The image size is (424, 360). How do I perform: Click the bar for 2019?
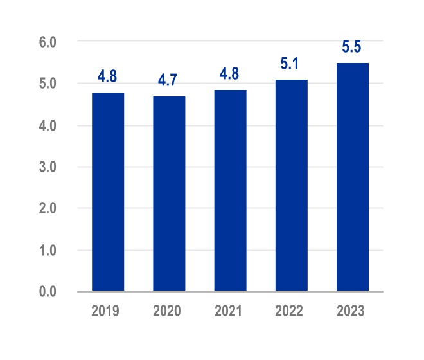pos(108,192)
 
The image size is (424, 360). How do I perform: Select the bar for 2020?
pos(169,194)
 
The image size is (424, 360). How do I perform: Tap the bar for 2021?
pos(230,191)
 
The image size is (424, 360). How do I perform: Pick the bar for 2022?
pos(291,186)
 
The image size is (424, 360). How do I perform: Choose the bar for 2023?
pos(352,177)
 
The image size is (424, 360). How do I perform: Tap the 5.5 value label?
pos(352,48)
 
